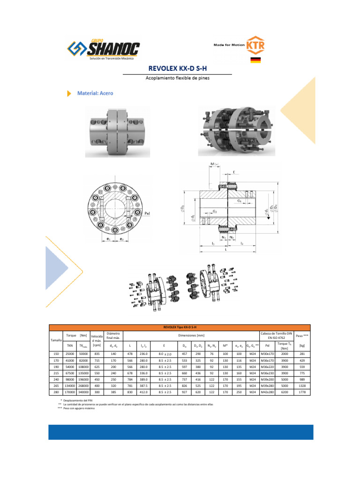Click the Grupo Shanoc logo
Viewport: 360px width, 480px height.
tap(104, 49)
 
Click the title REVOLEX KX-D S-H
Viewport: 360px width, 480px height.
tap(177, 69)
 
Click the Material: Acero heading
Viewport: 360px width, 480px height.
tap(95, 93)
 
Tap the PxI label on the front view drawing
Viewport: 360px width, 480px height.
tap(147, 213)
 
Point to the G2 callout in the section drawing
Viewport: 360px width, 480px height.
tap(215, 211)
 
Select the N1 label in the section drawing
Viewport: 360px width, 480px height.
tap(225, 238)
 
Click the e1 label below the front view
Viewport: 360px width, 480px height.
tap(108, 240)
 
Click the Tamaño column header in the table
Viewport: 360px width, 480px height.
tap(56, 339)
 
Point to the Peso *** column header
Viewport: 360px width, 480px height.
tap(302, 336)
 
